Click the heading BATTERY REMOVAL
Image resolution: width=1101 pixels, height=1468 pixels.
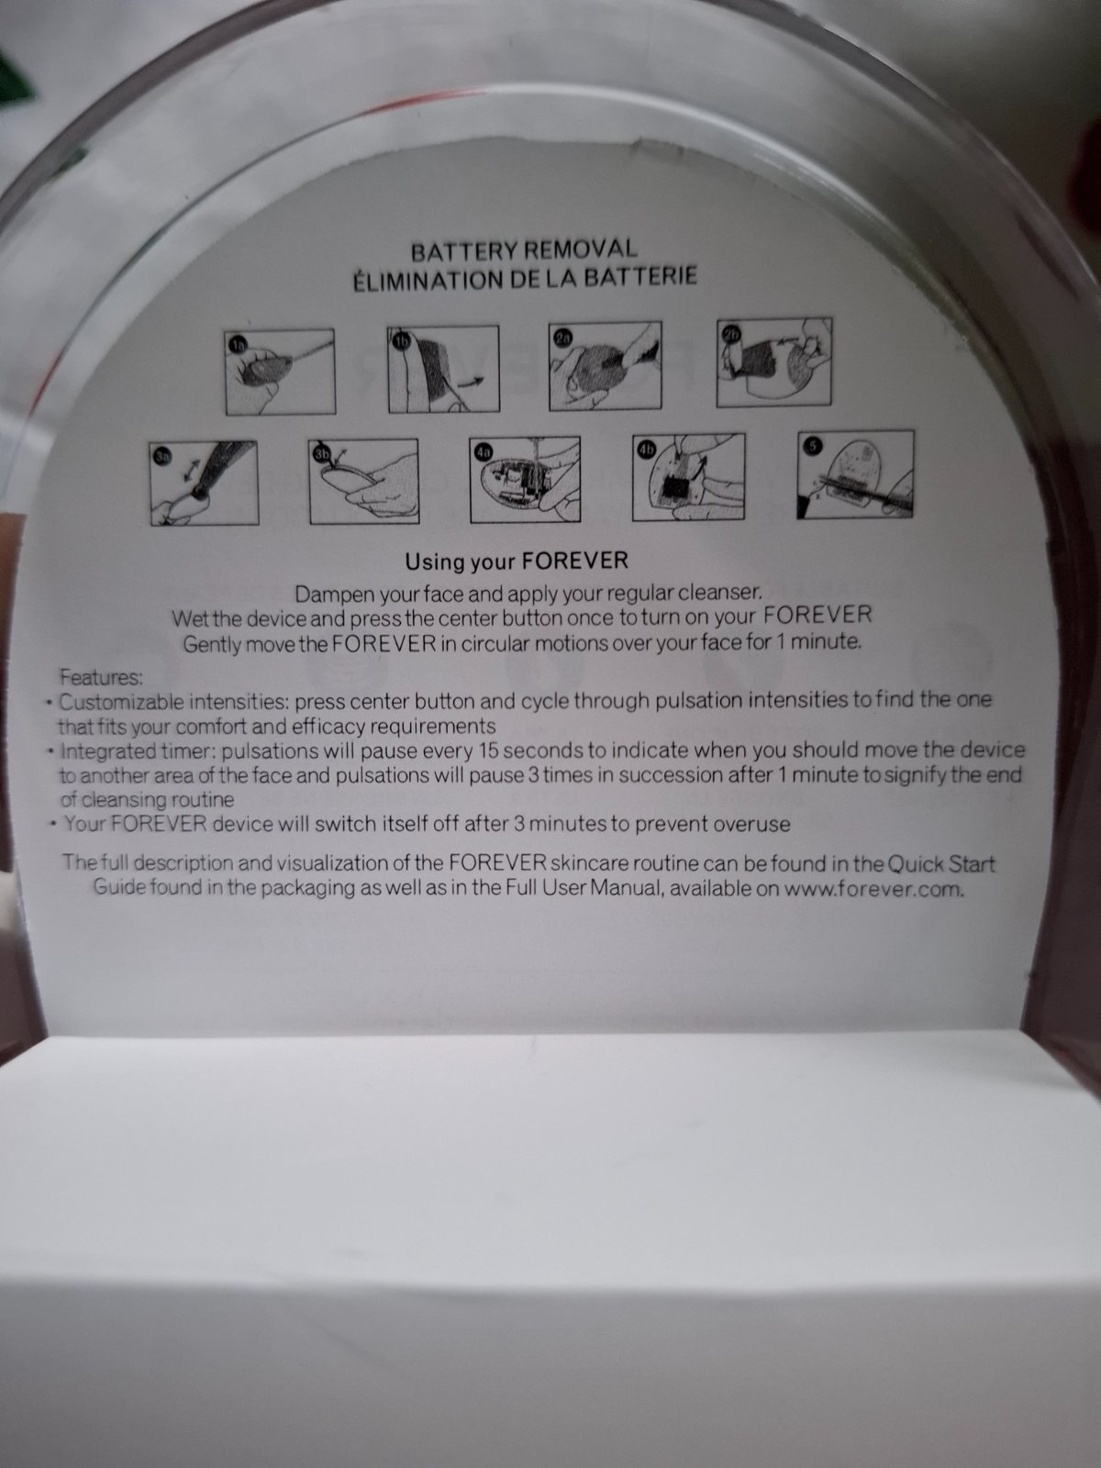523,250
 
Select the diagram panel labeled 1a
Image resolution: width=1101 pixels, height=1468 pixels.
280,372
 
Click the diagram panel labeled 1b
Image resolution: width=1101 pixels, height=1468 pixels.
443,369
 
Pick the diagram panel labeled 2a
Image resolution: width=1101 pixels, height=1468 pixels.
605,365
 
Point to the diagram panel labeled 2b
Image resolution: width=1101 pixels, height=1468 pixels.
774,361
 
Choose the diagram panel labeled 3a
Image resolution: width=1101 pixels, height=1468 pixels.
205,483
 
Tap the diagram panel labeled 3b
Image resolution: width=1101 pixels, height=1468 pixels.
363,481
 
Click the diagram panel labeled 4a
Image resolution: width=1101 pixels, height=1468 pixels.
525,479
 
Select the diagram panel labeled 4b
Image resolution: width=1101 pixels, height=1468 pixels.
688,476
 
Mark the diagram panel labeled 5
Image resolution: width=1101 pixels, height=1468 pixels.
856,474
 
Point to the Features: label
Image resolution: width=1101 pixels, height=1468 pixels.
101,677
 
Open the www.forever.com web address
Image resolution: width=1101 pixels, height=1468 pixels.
873,889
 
